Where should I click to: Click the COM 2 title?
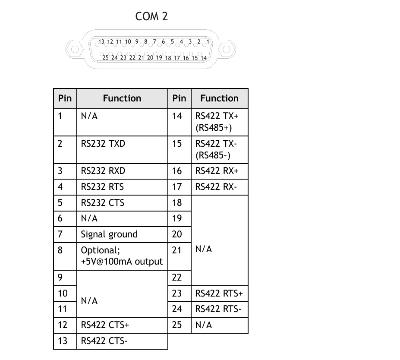pos(151,16)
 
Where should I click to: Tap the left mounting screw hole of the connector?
pos(74,48)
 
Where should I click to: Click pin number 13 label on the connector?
pos(101,42)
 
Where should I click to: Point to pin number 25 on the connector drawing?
pos(106,57)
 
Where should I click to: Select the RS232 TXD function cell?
pos(103,143)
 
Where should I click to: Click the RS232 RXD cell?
pos(103,171)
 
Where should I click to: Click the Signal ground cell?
pos(109,234)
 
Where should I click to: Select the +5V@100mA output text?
pos(122,262)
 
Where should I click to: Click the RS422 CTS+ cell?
pos(105,325)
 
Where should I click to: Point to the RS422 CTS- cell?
pos(104,341)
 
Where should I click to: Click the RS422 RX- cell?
pos(216,187)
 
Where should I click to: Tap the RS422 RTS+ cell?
pos(219,294)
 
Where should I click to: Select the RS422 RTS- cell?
pos(218,309)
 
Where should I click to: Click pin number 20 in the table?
pos(177,234)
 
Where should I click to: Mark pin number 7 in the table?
pos(60,234)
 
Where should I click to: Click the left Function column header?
pos(122,98)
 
